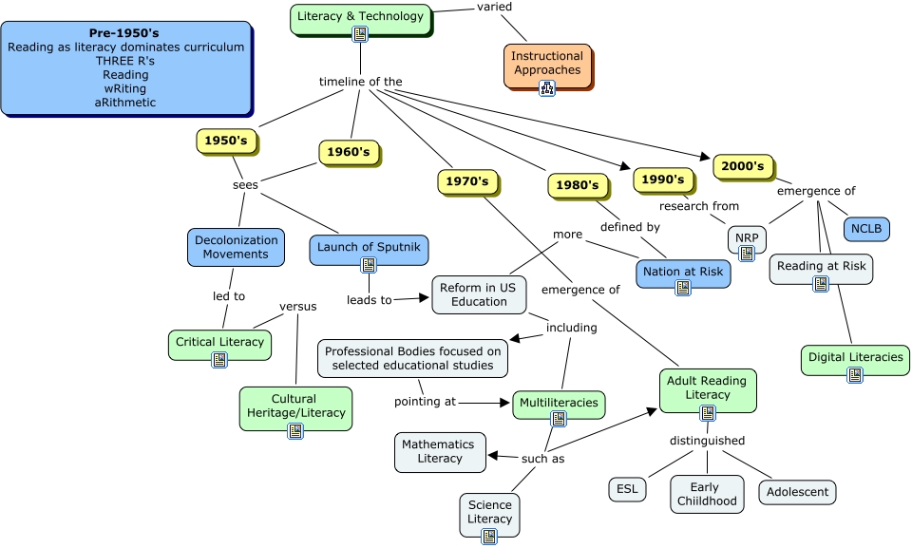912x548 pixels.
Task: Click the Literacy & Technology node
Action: [x=360, y=16]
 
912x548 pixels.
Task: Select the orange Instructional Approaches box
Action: [x=547, y=64]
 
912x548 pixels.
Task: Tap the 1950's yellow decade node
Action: [x=226, y=141]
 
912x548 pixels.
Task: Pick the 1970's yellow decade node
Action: [x=467, y=181]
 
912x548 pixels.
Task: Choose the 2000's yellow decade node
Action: [x=742, y=166]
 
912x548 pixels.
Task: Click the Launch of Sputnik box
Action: [x=369, y=249]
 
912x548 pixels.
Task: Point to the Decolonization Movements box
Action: [x=237, y=247]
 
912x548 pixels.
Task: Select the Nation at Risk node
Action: [x=683, y=272]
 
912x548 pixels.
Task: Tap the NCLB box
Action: [x=866, y=229]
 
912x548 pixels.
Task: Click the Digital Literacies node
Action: [x=854, y=357]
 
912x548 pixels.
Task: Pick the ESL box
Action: [x=627, y=489]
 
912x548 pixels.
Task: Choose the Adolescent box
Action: [x=797, y=492]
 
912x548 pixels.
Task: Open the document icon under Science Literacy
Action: [x=489, y=537]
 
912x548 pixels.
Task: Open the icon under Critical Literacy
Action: [x=219, y=360]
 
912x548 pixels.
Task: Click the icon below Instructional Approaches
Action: [x=547, y=88]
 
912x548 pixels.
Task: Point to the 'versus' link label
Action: [x=297, y=307]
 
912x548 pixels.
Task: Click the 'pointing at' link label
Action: [x=418, y=402]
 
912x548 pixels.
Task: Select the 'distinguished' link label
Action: [x=707, y=441]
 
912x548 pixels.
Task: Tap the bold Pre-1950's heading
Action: [x=124, y=33]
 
